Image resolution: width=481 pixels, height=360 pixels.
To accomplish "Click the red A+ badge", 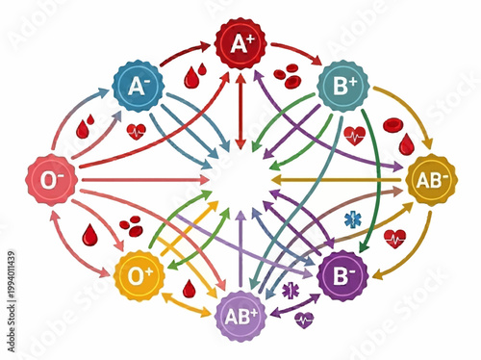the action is pyautogui.click(x=240, y=42).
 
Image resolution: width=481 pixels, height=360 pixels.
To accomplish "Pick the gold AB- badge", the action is pyautogui.click(x=429, y=179).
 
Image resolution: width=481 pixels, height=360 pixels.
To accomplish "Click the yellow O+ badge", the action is pyautogui.click(x=139, y=276).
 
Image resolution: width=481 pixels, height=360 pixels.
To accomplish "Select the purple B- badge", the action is pyautogui.click(x=342, y=275).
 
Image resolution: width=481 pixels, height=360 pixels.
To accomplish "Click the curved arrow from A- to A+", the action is pyautogui.click(x=183, y=53).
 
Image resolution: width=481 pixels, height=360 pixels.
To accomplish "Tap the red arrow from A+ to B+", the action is pyautogui.click(x=293, y=50).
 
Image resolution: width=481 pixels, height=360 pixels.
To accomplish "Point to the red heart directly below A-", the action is pyautogui.click(x=137, y=131).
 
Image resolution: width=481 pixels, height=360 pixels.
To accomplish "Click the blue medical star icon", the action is pyautogui.click(x=352, y=219).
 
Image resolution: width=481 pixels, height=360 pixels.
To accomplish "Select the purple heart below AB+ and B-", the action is pyautogui.click(x=305, y=321).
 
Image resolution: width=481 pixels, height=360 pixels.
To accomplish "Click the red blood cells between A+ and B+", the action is pyautogui.click(x=287, y=74).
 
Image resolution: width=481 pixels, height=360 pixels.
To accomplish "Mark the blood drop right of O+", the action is pyautogui.click(x=189, y=287).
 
